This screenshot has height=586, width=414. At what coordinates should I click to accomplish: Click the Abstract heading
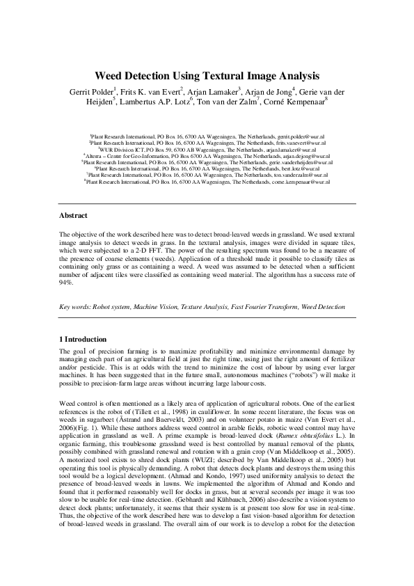point(73,216)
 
